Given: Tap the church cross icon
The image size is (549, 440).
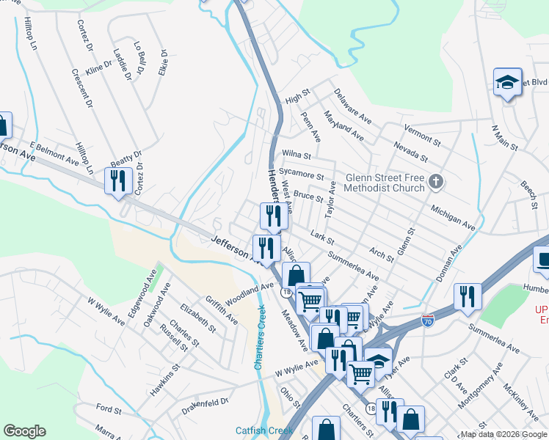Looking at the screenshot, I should click(436, 180).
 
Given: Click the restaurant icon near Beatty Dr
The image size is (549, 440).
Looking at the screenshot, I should click(117, 180).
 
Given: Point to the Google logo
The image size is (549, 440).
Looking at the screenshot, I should click(24, 431).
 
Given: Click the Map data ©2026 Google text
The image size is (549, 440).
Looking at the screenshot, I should click(503, 434).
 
